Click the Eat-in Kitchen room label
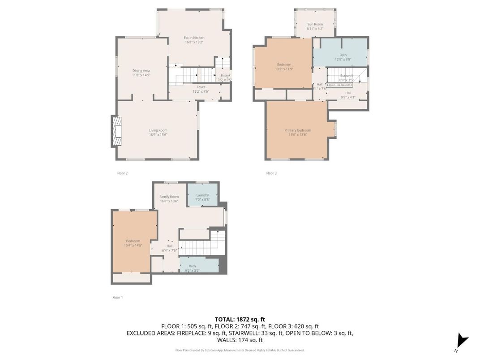pyautogui.click(x=194, y=38)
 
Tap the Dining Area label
pyautogui.click(x=141, y=71)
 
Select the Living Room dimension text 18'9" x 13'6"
pyautogui.click(x=158, y=135)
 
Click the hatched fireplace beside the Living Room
pyautogui.click(x=116, y=132)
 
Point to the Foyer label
pyautogui.click(x=201, y=87)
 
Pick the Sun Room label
pyautogui.click(x=315, y=24)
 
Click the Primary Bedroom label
pyautogui.click(x=297, y=130)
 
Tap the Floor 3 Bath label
pyautogui.click(x=343, y=55)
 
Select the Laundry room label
pyautogui.click(x=202, y=195)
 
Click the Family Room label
pyautogui.click(x=169, y=197)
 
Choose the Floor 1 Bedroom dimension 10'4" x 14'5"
pyautogui.click(x=133, y=245)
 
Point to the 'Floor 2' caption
pyautogui.click(x=122, y=173)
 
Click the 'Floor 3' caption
pyautogui.click(x=271, y=173)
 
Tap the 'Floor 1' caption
pyautogui.click(x=117, y=297)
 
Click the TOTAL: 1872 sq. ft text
pyautogui.click(x=240, y=319)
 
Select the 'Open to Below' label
pyautogui.click(x=339, y=85)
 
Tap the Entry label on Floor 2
pyautogui.click(x=225, y=76)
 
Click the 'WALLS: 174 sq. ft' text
pyautogui.click(x=240, y=340)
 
